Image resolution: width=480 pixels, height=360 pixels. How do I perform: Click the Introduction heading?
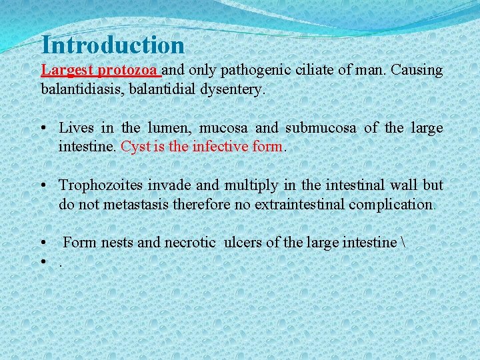(113, 45)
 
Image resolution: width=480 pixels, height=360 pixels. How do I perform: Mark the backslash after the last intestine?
(403, 242)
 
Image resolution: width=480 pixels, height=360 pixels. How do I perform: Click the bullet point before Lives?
(44, 128)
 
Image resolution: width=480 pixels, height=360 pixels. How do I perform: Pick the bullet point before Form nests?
(44, 243)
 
